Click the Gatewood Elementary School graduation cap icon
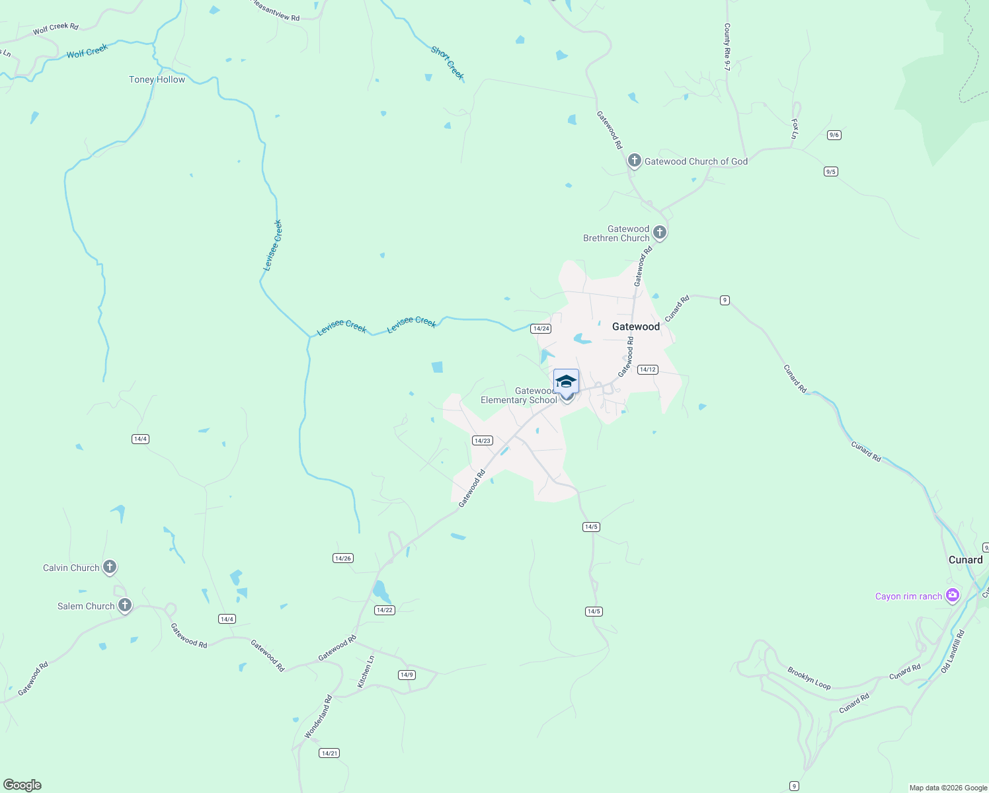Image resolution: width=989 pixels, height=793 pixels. [x=566, y=382]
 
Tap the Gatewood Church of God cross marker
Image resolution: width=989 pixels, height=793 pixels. [x=634, y=161]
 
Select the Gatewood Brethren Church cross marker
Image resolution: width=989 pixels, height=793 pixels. [x=659, y=232]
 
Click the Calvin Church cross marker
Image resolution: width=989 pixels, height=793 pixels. [x=110, y=567]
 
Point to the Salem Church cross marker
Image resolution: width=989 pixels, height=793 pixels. [x=124, y=605]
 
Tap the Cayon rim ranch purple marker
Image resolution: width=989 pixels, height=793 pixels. [x=952, y=595]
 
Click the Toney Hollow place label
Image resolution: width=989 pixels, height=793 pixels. [x=157, y=79]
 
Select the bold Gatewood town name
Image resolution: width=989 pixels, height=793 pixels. [x=635, y=326]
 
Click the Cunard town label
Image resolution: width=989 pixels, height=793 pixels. [x=965, y=560]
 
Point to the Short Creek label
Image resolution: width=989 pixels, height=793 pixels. [x=448, y=63]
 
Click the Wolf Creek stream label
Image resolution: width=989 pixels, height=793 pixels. [x=87, y=51]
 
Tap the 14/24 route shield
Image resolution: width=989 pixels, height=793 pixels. [x=541, y=328]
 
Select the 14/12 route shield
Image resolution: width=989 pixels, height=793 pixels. [x=647, y=369]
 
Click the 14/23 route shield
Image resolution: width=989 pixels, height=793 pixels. [x=482, y=440]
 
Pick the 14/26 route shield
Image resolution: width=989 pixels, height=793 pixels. [x=342, y=558]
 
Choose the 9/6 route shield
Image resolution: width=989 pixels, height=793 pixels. [x=834, y=135]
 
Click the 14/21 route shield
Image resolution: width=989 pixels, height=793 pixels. [x=329, y=753]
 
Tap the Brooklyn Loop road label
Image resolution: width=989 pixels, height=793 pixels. [x=809, y=678]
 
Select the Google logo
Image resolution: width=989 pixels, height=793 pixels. [x=22, y=785]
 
